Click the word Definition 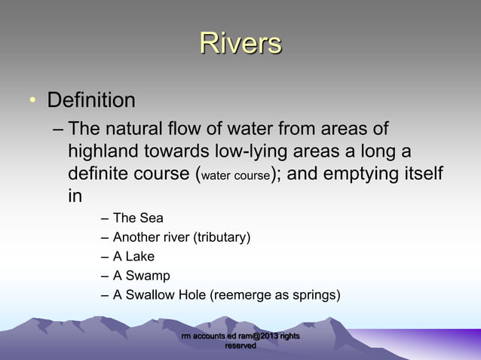(91, 100)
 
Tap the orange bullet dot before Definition (32, 101)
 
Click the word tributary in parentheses (222, 238)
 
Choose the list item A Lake (133, 257)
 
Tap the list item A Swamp (141, 276)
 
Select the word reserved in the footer (240, 346)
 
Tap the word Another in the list (136, 238)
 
